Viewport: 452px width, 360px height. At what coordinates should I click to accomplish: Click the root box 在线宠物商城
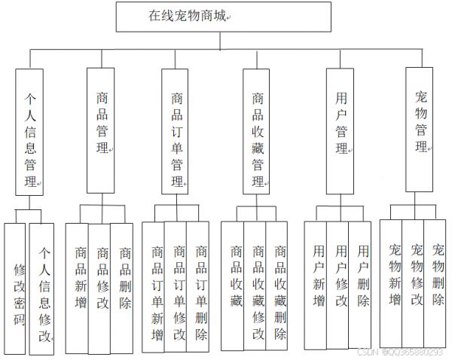click(224, 17)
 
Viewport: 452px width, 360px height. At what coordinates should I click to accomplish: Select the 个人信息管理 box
click(29, 132)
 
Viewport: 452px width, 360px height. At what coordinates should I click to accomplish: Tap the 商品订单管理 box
click(175, 132)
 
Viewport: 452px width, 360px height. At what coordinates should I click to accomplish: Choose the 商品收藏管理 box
click(256, 132)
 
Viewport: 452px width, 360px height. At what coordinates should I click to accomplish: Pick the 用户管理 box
click(341, 132)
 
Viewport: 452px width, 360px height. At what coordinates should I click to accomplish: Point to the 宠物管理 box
click(420, 130)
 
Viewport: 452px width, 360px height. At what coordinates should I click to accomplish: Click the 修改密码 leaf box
click(15, 288)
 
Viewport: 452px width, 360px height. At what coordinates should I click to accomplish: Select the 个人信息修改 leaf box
click(41, 288)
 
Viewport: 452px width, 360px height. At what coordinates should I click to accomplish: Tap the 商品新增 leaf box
click(77, 288)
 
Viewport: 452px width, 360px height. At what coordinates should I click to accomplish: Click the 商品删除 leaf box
click(121, 288)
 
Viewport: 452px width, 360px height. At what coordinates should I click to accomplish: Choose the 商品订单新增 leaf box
click(154, 287)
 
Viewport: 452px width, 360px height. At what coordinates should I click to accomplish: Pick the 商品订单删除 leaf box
click(197, 287)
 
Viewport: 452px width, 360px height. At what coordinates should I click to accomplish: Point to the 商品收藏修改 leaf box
click(255, 286)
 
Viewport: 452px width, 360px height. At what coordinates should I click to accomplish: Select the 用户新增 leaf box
click(316, 285)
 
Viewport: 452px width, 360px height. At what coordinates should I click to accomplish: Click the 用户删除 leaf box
click(360, 285)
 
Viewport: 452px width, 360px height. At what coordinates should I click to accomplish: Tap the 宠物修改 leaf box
click(413, 284)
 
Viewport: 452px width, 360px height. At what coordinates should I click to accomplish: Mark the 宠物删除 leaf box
click(435, 284)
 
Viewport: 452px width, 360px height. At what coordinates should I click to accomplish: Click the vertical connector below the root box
click(220, 41)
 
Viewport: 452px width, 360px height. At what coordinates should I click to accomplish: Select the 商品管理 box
click(101, 130)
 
